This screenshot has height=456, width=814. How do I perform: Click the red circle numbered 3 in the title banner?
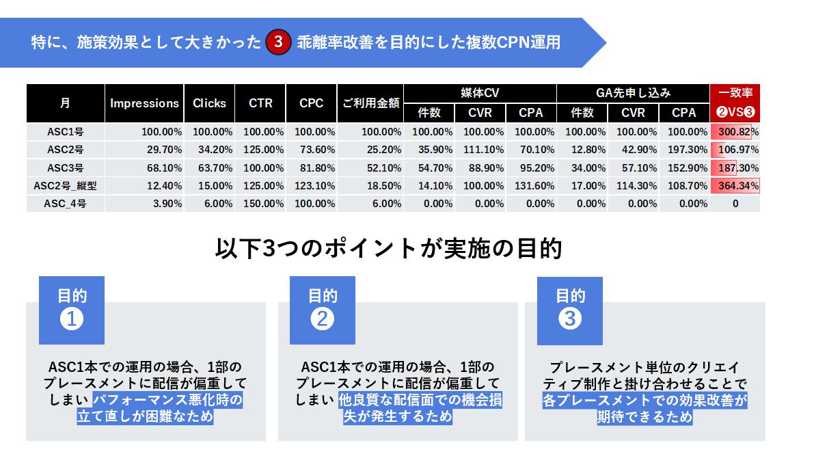(x=278, y=42)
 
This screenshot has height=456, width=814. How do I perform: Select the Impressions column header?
(x=144, y=103)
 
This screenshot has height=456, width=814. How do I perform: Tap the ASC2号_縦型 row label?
(x=66, y=185)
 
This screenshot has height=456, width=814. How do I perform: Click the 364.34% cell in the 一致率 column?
(x=735, y=185)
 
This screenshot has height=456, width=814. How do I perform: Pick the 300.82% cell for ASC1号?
(x=735, y=132)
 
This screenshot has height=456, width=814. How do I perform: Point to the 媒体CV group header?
(x=480, y=93)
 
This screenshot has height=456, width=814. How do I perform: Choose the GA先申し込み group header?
(x=633, y=93)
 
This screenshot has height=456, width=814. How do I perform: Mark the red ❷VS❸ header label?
(x=735, y=113)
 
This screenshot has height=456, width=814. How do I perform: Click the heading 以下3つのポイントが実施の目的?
(x=388, y=248)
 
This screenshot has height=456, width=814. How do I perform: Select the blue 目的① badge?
(x=72, y=310)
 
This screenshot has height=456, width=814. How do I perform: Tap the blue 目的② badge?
(x=323, y=310)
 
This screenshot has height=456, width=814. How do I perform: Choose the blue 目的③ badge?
(x=570, y=310)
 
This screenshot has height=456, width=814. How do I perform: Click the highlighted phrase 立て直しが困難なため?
(x=145, y=416)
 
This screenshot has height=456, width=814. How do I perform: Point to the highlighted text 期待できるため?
(x=645, y=416)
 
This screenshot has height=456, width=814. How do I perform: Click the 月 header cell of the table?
(x=66, y=103)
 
